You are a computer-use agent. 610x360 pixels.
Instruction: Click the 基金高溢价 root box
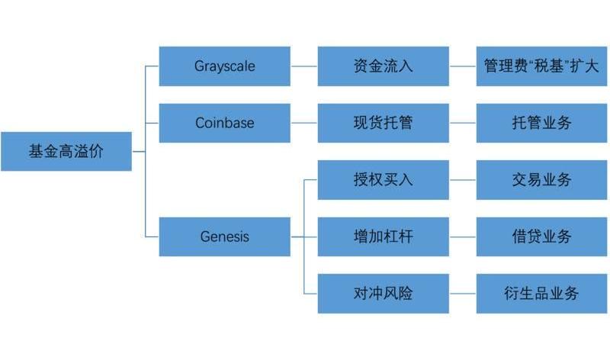pos(66,151)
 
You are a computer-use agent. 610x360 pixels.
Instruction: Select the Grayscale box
pos(224,66)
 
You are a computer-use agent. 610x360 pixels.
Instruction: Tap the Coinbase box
pos(224,123)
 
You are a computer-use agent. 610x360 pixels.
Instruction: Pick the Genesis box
pos(224,236)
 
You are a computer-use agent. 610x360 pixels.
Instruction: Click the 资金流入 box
pos(384,66)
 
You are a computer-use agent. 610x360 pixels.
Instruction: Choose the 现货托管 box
pos(384,123)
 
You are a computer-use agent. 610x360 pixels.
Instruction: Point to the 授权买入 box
pos(384,180)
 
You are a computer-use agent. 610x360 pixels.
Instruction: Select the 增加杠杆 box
pos(384,236)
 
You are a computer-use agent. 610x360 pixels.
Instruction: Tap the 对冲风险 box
pos(384,293)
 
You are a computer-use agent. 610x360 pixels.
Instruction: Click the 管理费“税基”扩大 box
pos(541,66)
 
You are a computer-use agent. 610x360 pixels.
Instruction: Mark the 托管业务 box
pos(541,123)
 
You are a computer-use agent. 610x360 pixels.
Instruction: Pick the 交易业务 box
pos(541,180)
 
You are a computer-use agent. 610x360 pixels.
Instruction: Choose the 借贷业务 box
pos(541,236)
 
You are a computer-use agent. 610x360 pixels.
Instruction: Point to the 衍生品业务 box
pos(541,293)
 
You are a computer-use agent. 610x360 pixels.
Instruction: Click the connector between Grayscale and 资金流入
pos(303,66)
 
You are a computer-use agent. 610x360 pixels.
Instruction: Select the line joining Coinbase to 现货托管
pos(303,123)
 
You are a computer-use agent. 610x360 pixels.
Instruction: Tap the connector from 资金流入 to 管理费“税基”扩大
pos(463,66)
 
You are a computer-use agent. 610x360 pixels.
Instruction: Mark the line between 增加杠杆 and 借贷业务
pos(463,236)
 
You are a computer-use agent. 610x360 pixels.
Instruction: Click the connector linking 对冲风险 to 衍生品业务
pos(463,293)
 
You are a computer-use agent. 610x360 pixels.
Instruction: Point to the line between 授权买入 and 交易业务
pos(463,180)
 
